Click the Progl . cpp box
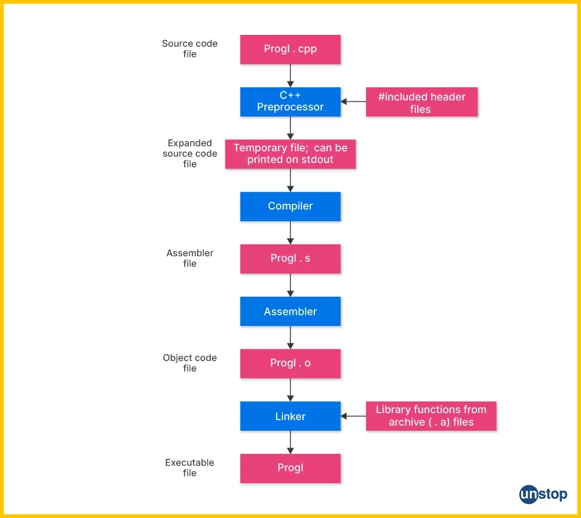pyautogui.click(x=290, y=49)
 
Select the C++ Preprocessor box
pyautogui.click(x=290, y=101)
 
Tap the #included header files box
pyautogui.click(x=421, y=102)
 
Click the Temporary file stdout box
pyautogui.click(x=290, y=154)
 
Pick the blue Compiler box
pyautogui.click(x=290, y=206)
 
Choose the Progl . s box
pyautogui.click(x=290, y=258)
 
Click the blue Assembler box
pyautogui.click(x=290, y=311)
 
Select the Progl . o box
pyautogui.click(x=290, y=363)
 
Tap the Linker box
pyautogui.click(x=290, y=416)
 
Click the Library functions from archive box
pyautogui.click(x=431, y=416)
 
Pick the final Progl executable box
pyautogui.click(x=290, y=468)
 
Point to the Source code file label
pyautogui.click(x=189, y=49)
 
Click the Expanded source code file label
pyautogui.click(x=189, y=154)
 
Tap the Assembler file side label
pyautogui.click(x=189, y=258)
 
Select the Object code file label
pyautogui.click(x=189, y=363)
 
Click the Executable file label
pyautogui.click(x=189, y=468)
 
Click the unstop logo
pyautogui.click(x=543, y=495)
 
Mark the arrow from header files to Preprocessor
pyautogui.click(x=353, y=101)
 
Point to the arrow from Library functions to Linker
pyautogui.click(x=353, y=416)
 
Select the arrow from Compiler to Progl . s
pyautogui.click(x=290, y=233)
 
